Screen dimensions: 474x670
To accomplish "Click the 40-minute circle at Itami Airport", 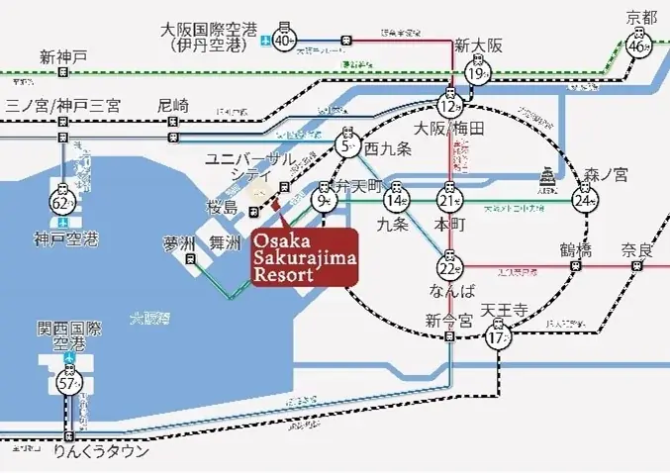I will [x=284, y=41].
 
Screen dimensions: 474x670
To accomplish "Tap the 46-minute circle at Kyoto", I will [x=638, y=46].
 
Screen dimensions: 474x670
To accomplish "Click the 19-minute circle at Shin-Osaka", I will [x=479, y=75].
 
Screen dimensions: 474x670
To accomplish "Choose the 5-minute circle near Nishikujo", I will [x=347, y=148].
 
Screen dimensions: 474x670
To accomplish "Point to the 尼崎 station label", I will [x=172, y=104].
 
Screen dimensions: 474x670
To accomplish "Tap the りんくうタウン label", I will [x=103, y=451].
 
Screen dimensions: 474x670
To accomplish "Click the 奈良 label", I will [x=636, y=249].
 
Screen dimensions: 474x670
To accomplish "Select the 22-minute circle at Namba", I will [x=450, y=266].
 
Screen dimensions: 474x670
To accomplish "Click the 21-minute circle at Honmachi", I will [x=450, y=201].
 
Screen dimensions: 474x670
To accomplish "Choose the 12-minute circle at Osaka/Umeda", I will [x=450, y=105].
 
